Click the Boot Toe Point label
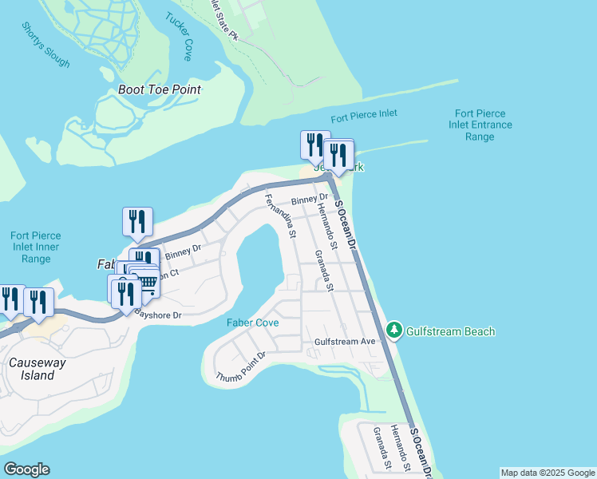point(159,89)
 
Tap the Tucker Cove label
point(179,37)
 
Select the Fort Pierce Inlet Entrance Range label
point(480,125)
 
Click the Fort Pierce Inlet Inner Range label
point(36,247)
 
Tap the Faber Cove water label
point(252,323)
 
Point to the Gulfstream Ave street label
point(345,342)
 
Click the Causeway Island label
point(32,369)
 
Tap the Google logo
point(26,469)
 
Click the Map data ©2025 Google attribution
point(548,473)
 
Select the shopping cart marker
point(144,282)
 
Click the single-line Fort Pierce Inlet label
point(365,114)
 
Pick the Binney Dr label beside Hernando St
point(310,199)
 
